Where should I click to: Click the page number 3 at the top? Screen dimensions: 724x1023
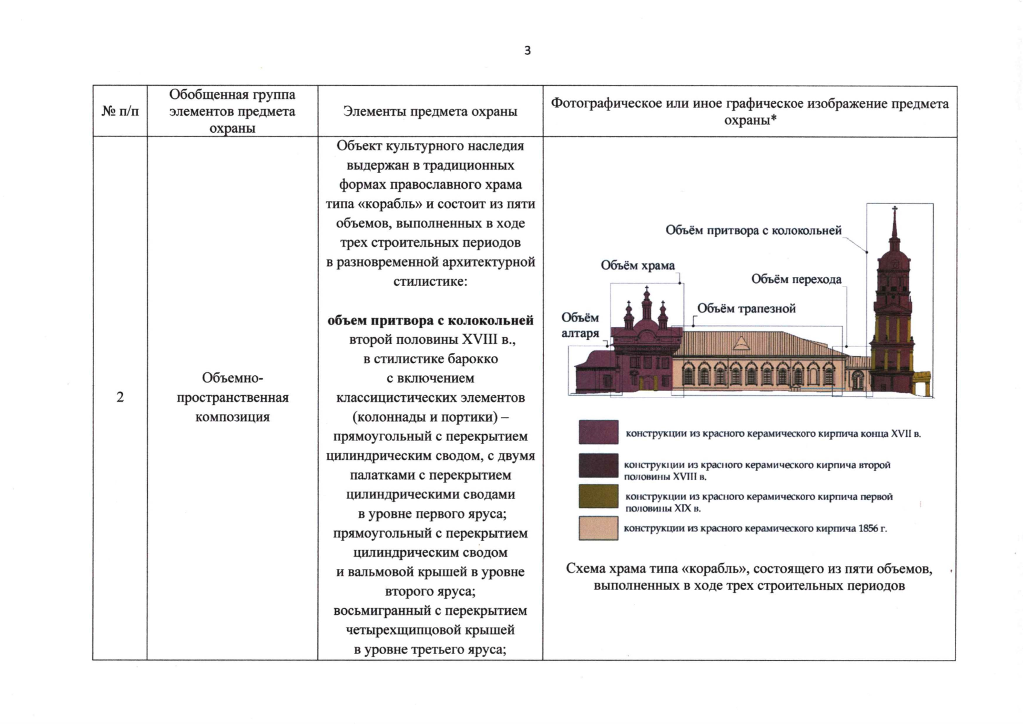(x=528, y=51)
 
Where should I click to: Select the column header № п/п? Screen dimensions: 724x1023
(x=120, y=112)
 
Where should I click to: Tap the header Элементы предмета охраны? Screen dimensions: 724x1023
(x=430, y=112)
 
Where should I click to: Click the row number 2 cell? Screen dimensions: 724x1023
(x=120, y=397)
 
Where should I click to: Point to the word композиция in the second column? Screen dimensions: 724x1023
(x=232, y=417)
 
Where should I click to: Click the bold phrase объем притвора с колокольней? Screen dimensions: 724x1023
(x=430, y=320)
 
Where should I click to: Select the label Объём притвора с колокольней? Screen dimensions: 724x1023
(x=753, y=230)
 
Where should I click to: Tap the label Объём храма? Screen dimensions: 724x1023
(x=638, y=265)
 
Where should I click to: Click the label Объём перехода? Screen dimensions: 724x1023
(x=796, y=279)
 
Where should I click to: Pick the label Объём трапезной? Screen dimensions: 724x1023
(x=746, y=309)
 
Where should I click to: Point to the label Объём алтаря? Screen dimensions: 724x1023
(x=580, y=325)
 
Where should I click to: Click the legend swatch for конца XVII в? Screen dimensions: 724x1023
(x=598, y=432)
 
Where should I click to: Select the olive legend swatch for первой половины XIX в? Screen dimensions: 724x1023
(x=598, y=496)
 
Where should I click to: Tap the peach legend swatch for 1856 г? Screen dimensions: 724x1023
(x=598, y=528)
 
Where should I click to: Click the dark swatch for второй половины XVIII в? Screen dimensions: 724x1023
(x=598, y=465)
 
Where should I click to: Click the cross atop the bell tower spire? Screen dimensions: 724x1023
(x=895, y=209)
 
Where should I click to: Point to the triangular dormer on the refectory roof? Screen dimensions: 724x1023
(x=741, y=344)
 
